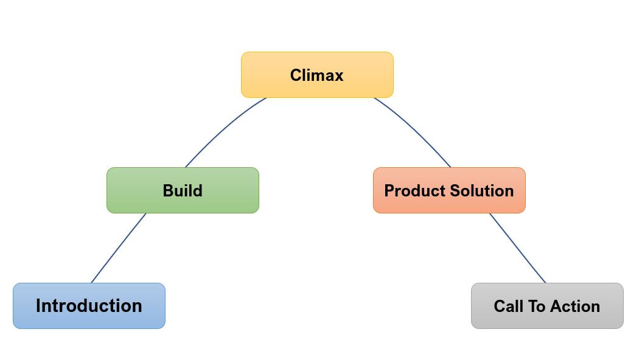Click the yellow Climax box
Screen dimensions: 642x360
tap(317, 75)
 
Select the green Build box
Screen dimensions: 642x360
tap(183, 190)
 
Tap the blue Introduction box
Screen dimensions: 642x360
tap(89, 306)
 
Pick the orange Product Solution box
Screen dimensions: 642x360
tap(449, 190)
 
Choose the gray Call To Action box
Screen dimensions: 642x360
tap(547, 306)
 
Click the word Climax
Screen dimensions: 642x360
tap(317, 75)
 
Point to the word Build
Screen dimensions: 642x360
tap(183, 190)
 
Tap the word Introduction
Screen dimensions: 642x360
tap(89, 306)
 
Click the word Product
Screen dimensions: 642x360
tap(414, 190)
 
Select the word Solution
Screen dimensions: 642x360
tap(482, 190)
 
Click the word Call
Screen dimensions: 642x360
tap(508, 306)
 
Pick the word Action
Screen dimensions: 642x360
tap(575, 306)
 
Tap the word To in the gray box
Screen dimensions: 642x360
tap(536, 306)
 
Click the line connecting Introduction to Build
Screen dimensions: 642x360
tap(118, 248)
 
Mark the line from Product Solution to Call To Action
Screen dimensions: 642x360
tap(517, 248)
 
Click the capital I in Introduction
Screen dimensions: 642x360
tap(38, 306)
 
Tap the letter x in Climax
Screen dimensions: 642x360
tap(338, 77)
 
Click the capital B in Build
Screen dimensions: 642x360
tap(169, 190)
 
